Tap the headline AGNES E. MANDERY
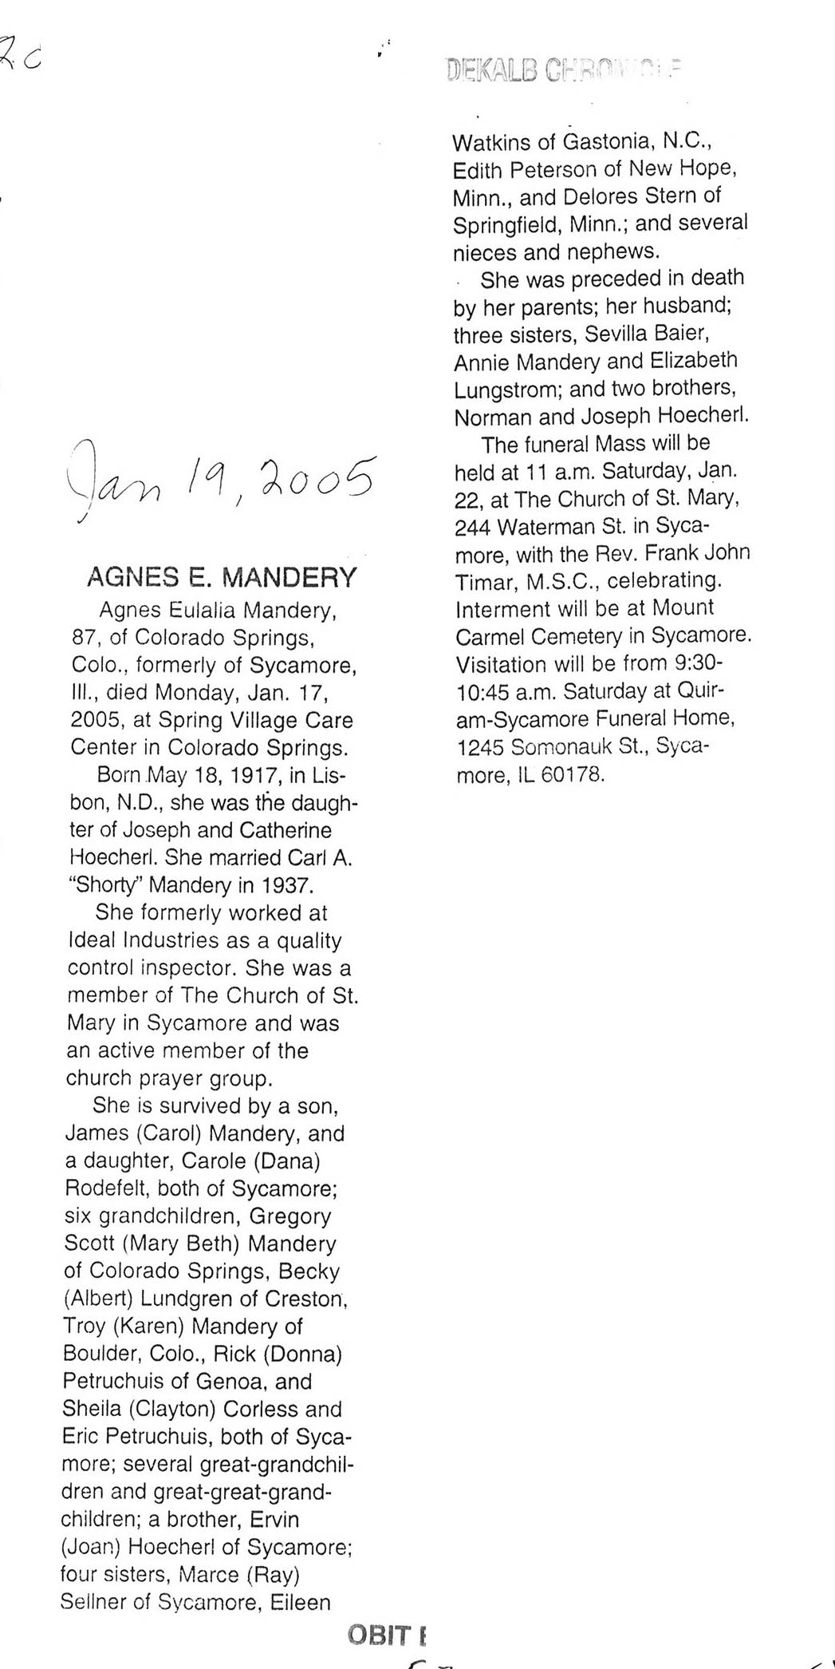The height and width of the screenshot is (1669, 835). (x=221, y=576)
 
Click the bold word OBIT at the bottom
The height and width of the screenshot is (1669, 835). (x=378, y=1635)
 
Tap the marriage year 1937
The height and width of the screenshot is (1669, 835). (x=288, y=885)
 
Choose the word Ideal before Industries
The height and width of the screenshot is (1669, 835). (x=93, y=940)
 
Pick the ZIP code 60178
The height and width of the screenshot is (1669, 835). (x=573, y=775)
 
